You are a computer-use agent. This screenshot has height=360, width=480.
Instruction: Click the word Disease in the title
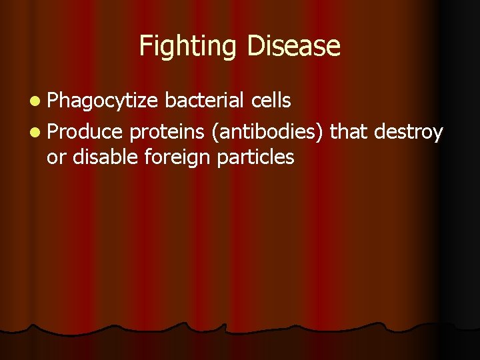tap(293, 46)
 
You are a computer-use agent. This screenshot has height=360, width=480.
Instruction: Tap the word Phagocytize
tap(103, 101)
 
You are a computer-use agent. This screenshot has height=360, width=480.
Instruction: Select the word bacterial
tap(205, 100)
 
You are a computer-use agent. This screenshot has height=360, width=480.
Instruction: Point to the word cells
tap(271, 100)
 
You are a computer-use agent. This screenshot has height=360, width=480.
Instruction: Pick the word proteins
tap(167, 132)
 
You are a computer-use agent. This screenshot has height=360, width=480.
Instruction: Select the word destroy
tap(408, 132)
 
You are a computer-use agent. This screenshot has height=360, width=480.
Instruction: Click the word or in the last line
tap(56, 157)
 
